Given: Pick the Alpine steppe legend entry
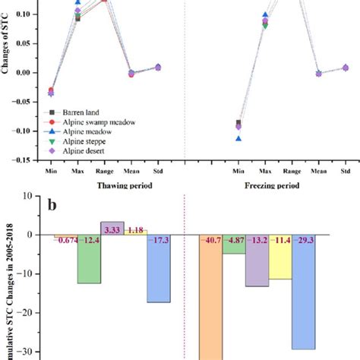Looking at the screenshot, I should point(77,141).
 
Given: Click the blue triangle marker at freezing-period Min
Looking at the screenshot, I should point(238,138).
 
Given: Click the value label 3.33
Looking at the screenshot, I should point(112,229).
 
